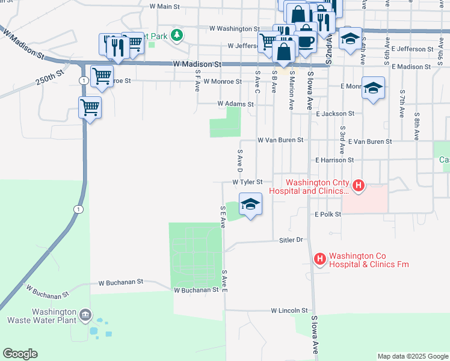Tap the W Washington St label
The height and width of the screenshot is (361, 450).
click(234, 28)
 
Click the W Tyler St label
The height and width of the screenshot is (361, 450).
click(247, 182)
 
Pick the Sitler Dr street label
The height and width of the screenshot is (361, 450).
click(289, 239)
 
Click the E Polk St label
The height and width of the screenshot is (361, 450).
click(327, 214)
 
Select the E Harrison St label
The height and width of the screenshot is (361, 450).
click(334, 160)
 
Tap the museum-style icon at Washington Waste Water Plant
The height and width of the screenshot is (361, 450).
click(85, 314)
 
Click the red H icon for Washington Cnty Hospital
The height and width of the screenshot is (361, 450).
click(358, 186)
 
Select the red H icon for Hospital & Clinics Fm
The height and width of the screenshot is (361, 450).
click(320, 259)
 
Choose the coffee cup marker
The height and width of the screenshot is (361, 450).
click(306, 40)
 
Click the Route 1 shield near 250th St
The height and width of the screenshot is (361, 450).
click(82, 81)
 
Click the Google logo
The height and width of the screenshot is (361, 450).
click(20, 354)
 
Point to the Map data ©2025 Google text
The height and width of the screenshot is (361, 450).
click(412, 356)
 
